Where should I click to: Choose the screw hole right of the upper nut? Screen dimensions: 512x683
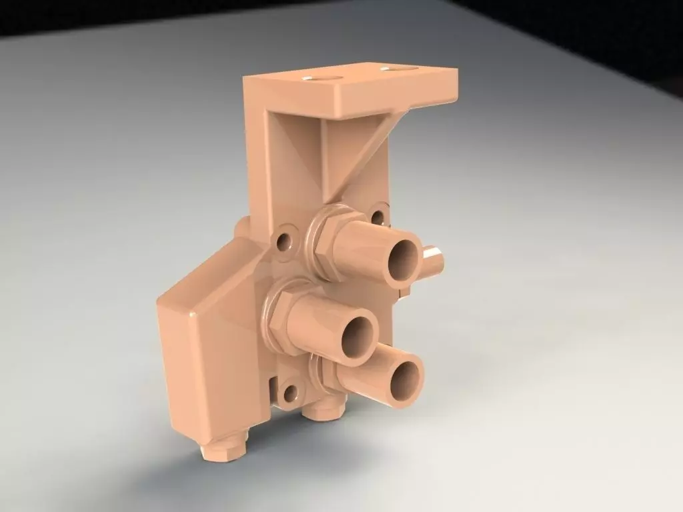(378, 217)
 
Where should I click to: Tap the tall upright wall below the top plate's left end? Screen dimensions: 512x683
(257, 160)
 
